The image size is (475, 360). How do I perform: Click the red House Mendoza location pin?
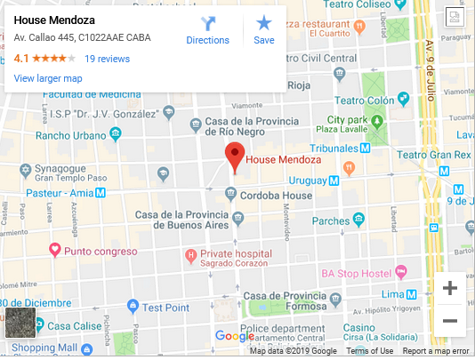tap(234, 156)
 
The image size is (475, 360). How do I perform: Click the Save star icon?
tap(264, 29)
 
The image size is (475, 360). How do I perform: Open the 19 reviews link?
tap(107, 59)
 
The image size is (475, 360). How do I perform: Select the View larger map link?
tap(48, 78)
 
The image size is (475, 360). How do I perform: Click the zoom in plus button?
tap(450, 288)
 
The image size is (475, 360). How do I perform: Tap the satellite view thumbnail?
tap(20, 323)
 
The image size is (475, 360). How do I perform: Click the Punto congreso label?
tap(99, 251)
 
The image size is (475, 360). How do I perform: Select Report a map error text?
tap(436, 351)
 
